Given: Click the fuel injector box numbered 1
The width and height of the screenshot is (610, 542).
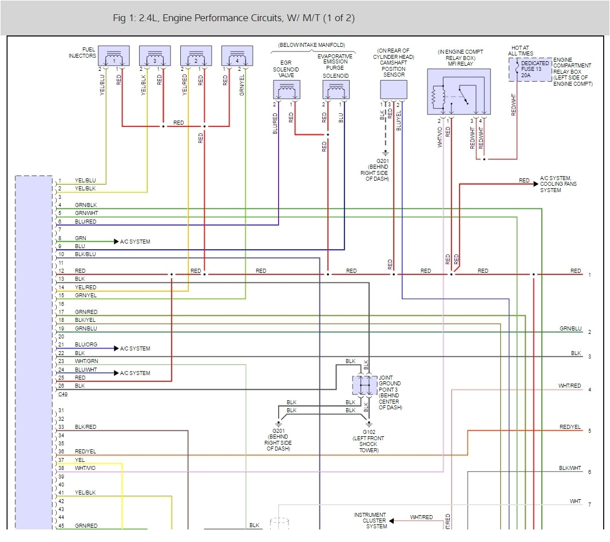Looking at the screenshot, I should [x=114, y=56].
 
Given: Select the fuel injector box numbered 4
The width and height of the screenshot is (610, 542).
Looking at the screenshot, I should [x=237, y=56].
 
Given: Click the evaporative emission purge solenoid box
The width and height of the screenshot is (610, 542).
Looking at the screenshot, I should [x=336, y=90].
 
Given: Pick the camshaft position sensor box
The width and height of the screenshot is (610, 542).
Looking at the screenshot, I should [x=394, y=90].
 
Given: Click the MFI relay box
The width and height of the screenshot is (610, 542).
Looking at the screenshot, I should [x=458, y=91].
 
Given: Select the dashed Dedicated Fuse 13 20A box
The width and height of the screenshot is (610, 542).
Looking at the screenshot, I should [x=530, y=69].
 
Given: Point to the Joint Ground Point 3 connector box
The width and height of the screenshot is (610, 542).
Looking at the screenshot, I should [x=365, y=385].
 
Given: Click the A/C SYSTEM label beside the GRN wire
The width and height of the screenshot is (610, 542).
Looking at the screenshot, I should [x=135, y=242].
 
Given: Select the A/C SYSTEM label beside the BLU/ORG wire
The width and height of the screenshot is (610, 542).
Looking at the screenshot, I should [x=135, y=349].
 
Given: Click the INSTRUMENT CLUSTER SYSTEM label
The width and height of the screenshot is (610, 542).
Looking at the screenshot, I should [x=370, y=520].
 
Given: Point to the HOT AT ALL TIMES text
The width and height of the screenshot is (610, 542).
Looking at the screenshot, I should [x=520, y=50].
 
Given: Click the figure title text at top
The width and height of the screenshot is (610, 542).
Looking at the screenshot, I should [x=233, y=18].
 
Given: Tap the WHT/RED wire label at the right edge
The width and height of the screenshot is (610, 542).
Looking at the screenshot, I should [x=569, y=386].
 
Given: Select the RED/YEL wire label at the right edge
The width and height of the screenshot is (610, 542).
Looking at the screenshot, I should [x=570, y=427].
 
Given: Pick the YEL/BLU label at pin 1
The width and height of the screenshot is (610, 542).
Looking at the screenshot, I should [x=85, y=181].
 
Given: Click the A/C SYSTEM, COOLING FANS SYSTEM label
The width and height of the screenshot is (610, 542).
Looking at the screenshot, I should [x=558, y=184].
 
